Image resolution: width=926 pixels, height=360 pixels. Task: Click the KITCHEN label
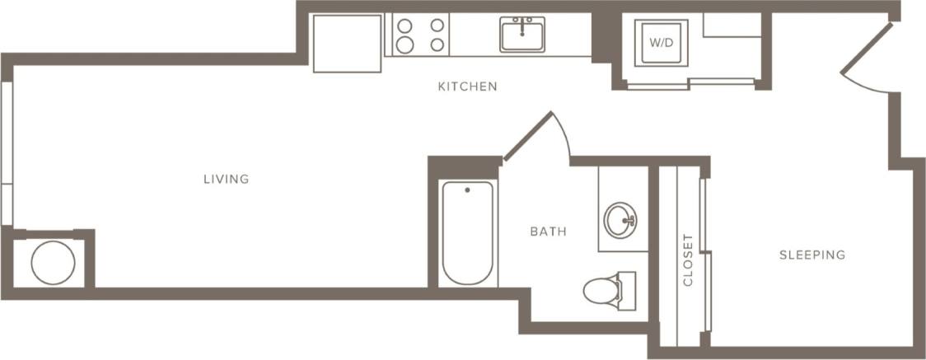click(x=467, y=86)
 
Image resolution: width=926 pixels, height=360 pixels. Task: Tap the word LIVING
click(x=227, y=179)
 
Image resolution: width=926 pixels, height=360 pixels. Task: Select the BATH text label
click(x=548, y=231)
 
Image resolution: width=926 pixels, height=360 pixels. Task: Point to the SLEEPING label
click(x=811, y=255)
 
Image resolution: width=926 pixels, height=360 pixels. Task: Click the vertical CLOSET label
click(x=688, y=259)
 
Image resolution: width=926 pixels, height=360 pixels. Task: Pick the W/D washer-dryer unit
click(x=659, y=41)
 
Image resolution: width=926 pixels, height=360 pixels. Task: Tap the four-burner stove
click(x=419, y=35)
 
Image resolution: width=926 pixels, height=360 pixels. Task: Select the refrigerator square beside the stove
click(x=347, y=43)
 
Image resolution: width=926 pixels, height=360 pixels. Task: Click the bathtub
click(x=467, y=233)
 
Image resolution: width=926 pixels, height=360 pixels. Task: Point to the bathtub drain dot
click(x=467, y=190)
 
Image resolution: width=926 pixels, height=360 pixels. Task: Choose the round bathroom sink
click(x=620, y=221)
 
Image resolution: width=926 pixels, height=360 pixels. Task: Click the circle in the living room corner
click(x=53, y=263)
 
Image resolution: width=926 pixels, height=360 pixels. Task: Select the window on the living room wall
click(x=6, y=153)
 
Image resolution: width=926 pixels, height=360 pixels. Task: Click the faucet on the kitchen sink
click(x=521, y=22)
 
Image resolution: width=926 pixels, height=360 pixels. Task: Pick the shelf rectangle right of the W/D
click(x=732, y=25)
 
